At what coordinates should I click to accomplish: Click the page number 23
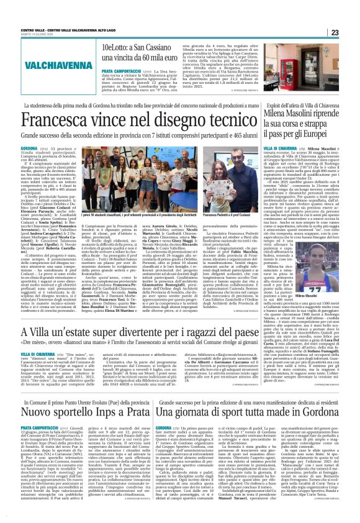click(x=351, y=32)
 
